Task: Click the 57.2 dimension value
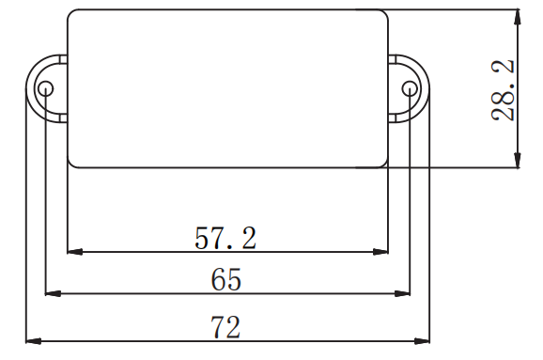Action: pos(225,238)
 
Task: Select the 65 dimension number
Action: pos(225,279)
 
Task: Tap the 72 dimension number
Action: pos(225,327)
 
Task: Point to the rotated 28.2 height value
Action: pos(503,90)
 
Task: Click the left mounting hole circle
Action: pos(45,88)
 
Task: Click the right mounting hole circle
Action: pos(410,88)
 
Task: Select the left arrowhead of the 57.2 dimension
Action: pos(75,252)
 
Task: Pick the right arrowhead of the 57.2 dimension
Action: pos(380,252)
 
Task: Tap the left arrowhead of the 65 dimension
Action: pos(53,293)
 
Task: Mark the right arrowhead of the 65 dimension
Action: pos(402,293)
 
